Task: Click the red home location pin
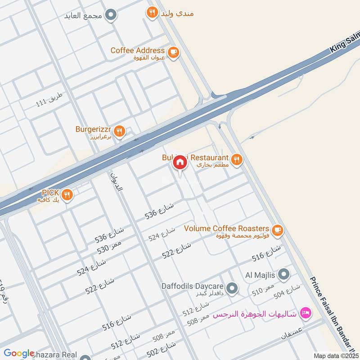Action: (180, 162)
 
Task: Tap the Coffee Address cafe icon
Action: (173, 53)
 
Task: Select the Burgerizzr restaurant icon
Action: (119, 131)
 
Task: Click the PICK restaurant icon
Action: (67, 194)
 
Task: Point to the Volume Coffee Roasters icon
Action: (278, 230)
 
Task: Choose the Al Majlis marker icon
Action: (283, 274)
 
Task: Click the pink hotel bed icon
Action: (306, 312)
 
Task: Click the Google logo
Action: (19, 354)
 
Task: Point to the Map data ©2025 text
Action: (335, 355)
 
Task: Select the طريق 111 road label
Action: (51, 100)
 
